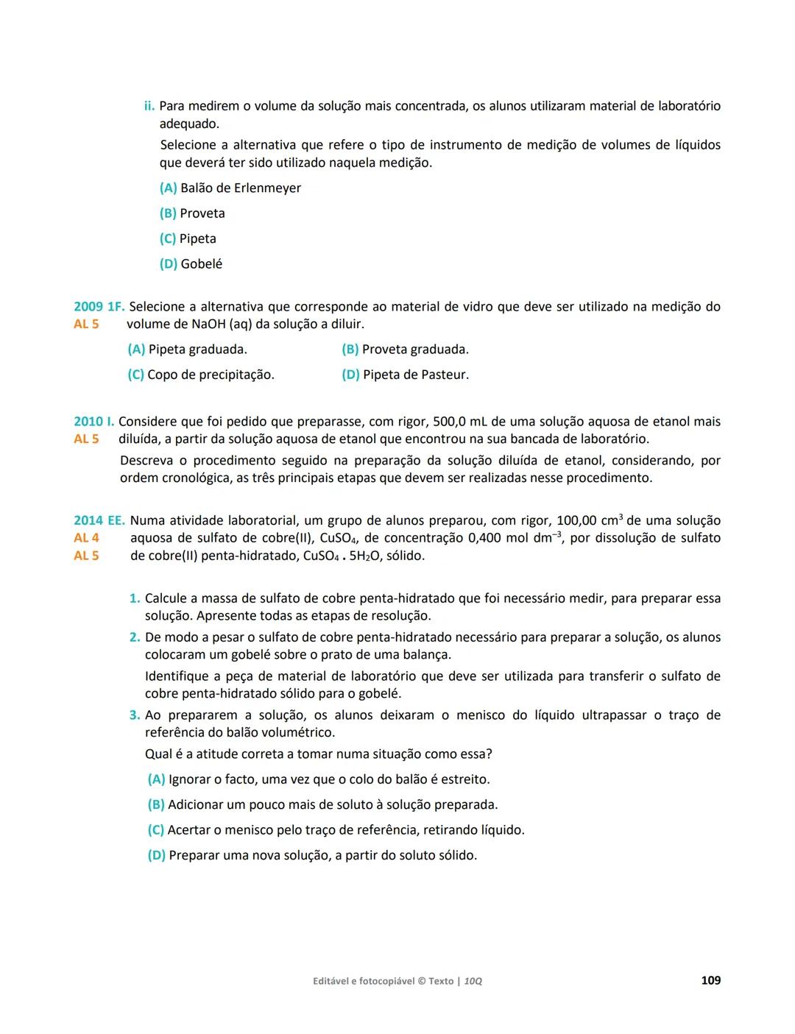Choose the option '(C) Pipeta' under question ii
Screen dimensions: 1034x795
click(188, 238)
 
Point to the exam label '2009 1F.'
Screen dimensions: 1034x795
click(99, 307)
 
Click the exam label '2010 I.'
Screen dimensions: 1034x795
click(93, 422)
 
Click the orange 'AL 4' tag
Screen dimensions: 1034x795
click(86, 538)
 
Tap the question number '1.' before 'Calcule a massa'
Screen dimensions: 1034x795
click(135, 599)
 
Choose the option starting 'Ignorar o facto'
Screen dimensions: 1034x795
click(328, 779)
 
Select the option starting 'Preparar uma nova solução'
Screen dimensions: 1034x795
click(322, 855)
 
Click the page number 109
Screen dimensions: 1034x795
click(710, 980)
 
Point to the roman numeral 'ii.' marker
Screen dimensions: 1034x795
click(149, 107)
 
